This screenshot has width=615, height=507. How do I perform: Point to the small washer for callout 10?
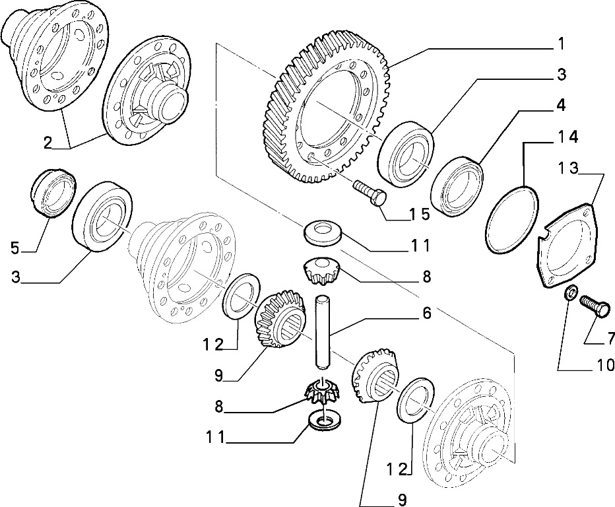click(x=571, y=292)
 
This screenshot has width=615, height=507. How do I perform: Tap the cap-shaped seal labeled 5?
click(x=51, y=191)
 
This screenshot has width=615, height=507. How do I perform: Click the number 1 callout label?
click(x=560, y=44)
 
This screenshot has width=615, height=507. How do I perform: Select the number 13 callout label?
click(x=565, y=169)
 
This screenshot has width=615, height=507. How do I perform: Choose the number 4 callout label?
click(x=560, y=105)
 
